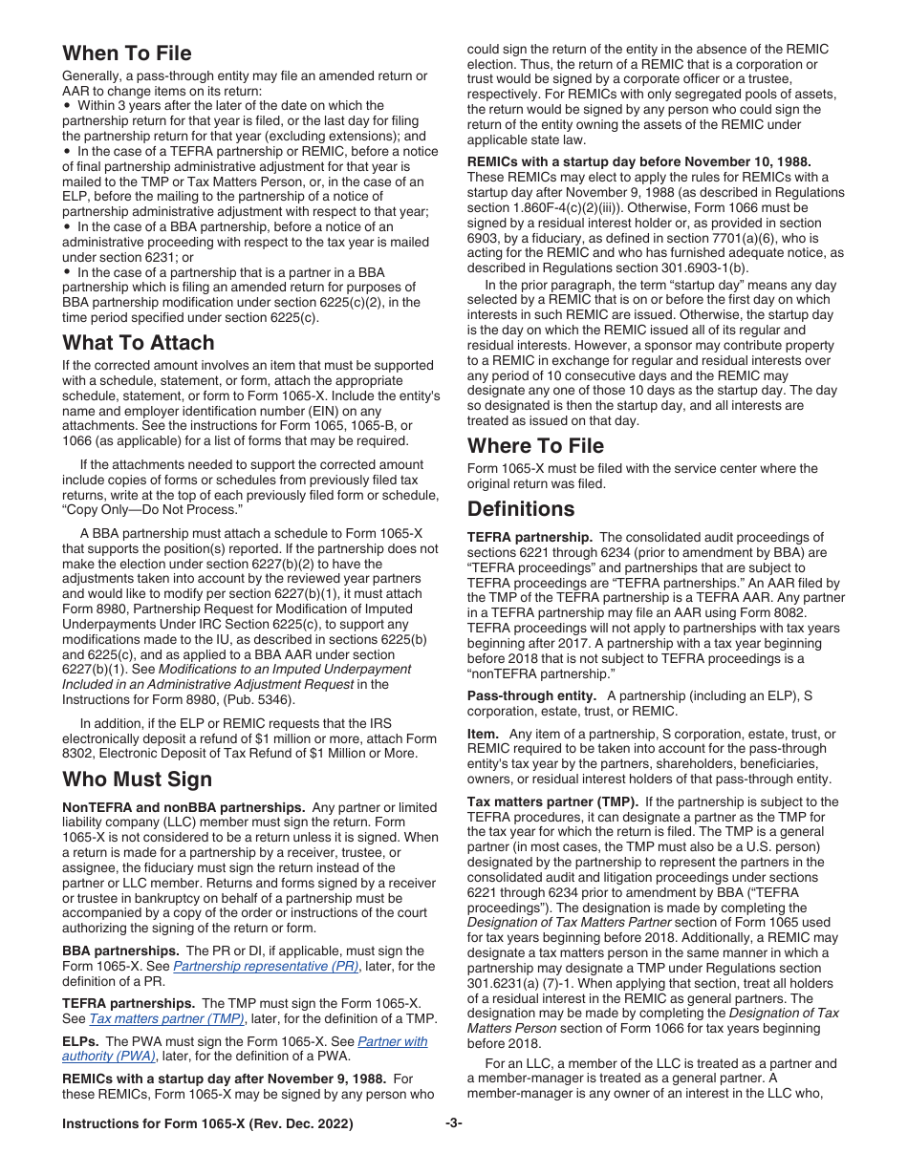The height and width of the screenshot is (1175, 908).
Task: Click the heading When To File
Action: click(127, 53)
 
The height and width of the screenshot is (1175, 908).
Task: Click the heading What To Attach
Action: click(139, 342)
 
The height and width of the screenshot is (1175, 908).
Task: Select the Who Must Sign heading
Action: click(137, 780)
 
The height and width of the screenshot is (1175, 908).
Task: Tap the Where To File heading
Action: click(535, 445)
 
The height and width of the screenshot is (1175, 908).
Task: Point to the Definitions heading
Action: click(521, 508)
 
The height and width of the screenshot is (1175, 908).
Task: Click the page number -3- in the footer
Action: click(453, 1123)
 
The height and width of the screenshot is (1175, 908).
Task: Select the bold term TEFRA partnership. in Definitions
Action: click(530, 538)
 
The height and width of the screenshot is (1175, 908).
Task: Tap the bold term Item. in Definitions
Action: click(483, 734)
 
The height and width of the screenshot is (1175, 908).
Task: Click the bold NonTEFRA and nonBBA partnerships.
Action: click(184, 807)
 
